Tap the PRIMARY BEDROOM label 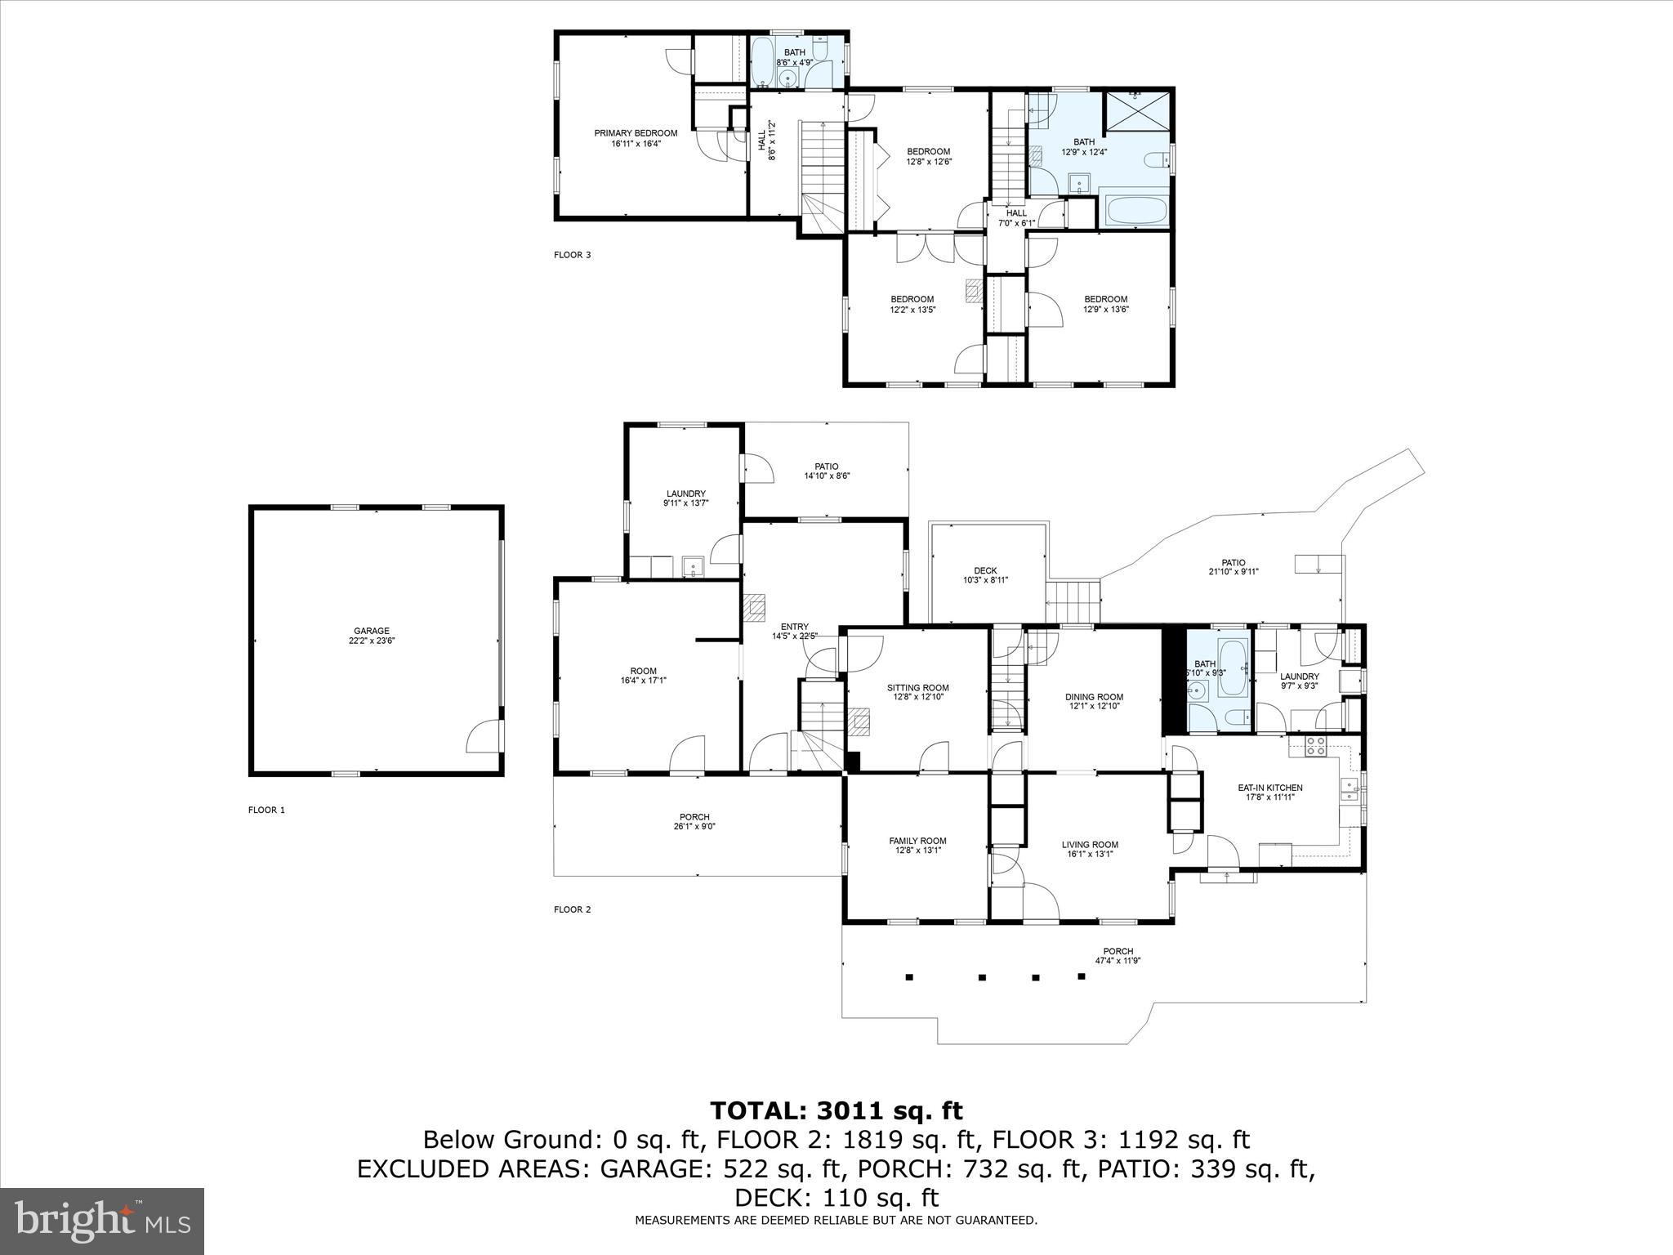(x=636, y=133)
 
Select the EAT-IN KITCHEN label (x=1269, y=788)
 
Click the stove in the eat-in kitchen (x=1316, y=746)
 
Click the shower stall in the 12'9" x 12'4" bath (x=1136, y=113)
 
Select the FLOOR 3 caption (x=572, y=255)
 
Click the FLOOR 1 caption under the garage (x=266, y=810)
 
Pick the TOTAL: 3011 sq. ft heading (x=836, y=1110)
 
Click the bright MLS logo (x=102, y=1221)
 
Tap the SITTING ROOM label (x=917, y=688)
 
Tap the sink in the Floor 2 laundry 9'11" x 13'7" (x=693, y=565)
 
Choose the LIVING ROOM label (x=1090, y=845)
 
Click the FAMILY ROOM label (x=917, y=841)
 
